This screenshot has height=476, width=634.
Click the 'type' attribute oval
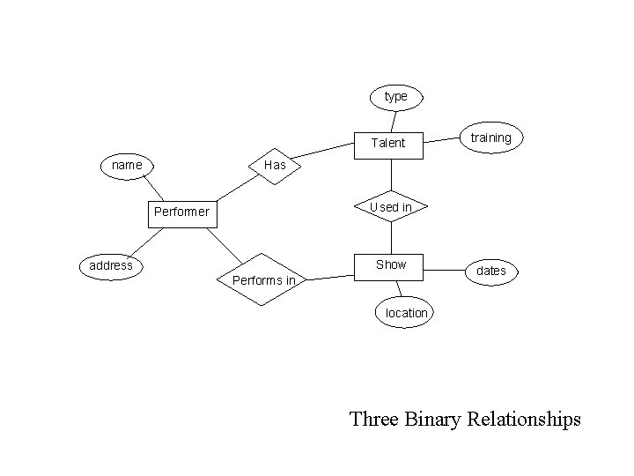click(396, 96)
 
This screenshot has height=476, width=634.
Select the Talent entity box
click(388, 143)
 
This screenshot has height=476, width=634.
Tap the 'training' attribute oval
click(490, 138)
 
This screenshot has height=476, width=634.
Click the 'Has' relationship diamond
click(276, 165)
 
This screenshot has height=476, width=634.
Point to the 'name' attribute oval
click(128, 165)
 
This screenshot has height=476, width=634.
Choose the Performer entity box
click(181, 212)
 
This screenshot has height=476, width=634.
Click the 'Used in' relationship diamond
click(390, 207)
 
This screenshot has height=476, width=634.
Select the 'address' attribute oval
click(111, 265)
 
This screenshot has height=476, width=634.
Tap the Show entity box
click(390, 264)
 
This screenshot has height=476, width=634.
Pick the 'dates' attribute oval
click(490, 271)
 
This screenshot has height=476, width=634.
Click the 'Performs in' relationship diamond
click(263, 280)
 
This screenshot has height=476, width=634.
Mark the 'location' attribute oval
click(406, 313)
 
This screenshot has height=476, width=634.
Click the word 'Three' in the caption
click(375, 418)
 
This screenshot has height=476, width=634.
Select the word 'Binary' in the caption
click(434, 418)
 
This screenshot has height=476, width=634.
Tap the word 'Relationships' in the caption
click(525, 418)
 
